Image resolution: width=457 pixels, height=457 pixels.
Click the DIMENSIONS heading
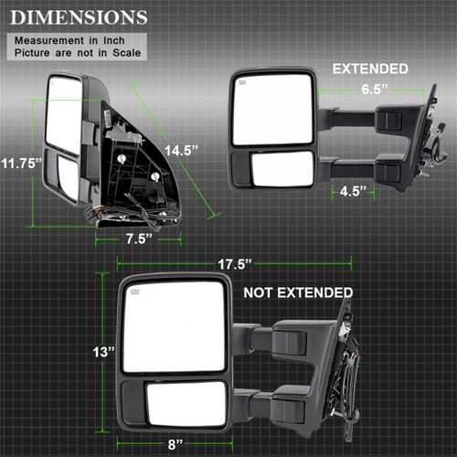pos(78,17)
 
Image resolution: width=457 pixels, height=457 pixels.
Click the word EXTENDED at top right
pos(369,69)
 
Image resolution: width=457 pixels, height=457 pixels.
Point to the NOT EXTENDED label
pos(297,293)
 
